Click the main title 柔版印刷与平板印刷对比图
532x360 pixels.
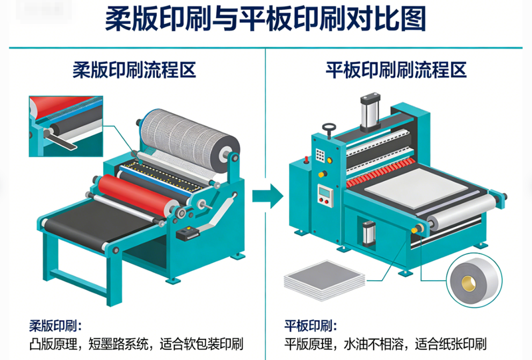pos(265,20)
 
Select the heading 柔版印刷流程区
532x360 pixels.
pos(134,70)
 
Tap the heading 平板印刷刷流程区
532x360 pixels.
pos(396,70)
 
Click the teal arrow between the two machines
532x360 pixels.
pos(268,196)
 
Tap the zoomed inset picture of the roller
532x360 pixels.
pos(66,126)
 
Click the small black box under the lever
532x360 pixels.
pos(187,234)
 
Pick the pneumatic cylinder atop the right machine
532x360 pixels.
pos(370,111)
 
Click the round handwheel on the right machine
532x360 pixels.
pos(329,128)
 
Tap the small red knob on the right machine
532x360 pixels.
pos(306,159)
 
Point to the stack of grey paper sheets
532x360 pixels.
pos(324,281)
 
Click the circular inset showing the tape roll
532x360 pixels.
pos(474,280)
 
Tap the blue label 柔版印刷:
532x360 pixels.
pos(55,326)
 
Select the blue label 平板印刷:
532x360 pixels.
pos(311,326)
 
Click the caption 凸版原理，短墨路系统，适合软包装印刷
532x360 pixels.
pos(136,344)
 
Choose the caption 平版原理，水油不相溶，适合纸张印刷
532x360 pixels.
pos(386,344)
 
